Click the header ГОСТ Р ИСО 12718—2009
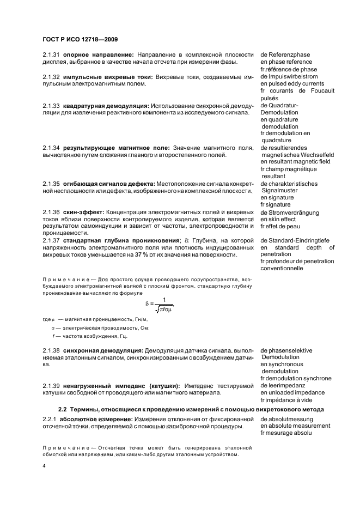coord(80,40)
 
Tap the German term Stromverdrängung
coord(290,212)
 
